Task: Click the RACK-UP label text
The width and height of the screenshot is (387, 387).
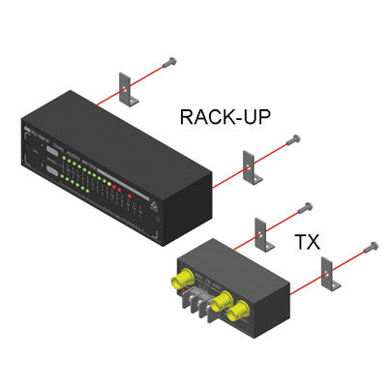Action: [x=225, y=118]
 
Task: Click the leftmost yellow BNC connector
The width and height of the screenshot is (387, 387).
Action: [x=179, y=282]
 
